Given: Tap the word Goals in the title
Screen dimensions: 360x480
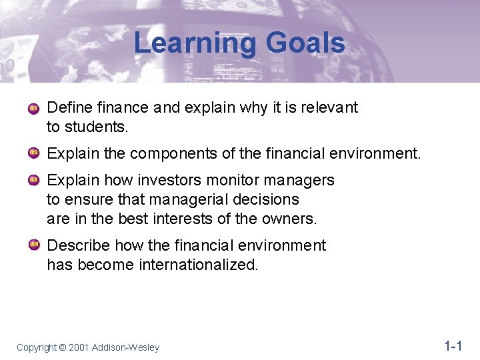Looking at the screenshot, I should tap(305, 44).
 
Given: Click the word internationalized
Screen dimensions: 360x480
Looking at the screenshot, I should tap(198, 265).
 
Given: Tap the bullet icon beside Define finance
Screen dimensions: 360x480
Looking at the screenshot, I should tap(34, 108).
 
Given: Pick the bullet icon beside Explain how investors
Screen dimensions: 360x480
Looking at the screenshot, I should tap(34, 181).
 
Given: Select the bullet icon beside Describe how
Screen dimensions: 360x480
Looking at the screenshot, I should tap(34, 245).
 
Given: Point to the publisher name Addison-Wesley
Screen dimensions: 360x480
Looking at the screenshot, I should tap(126, 347).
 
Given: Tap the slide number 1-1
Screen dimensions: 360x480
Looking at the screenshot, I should tap(453, 346).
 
